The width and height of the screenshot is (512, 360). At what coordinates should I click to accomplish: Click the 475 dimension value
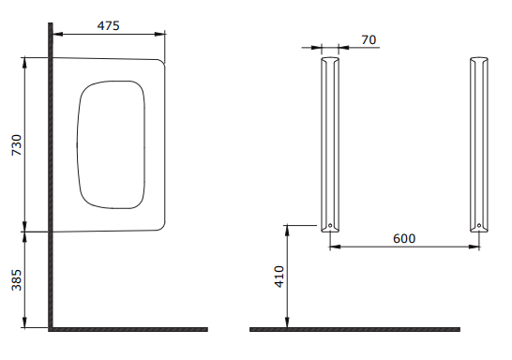(109, 25)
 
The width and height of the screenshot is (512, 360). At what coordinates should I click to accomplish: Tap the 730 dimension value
(16, 145)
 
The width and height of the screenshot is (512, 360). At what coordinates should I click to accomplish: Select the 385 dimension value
(16, 279)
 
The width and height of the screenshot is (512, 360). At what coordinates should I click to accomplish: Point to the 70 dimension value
(369, 39)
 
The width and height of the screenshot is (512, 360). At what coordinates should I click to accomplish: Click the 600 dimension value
(404, 238)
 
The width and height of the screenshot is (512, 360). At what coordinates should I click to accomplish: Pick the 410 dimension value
(279, 277)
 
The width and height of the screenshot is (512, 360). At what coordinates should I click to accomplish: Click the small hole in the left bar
(330, 225)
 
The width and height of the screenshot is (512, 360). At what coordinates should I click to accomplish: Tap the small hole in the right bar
(479, 225)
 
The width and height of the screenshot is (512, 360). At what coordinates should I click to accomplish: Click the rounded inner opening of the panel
(77, 145)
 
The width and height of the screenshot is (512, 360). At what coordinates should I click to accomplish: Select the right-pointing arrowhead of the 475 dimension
(160, 34)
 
